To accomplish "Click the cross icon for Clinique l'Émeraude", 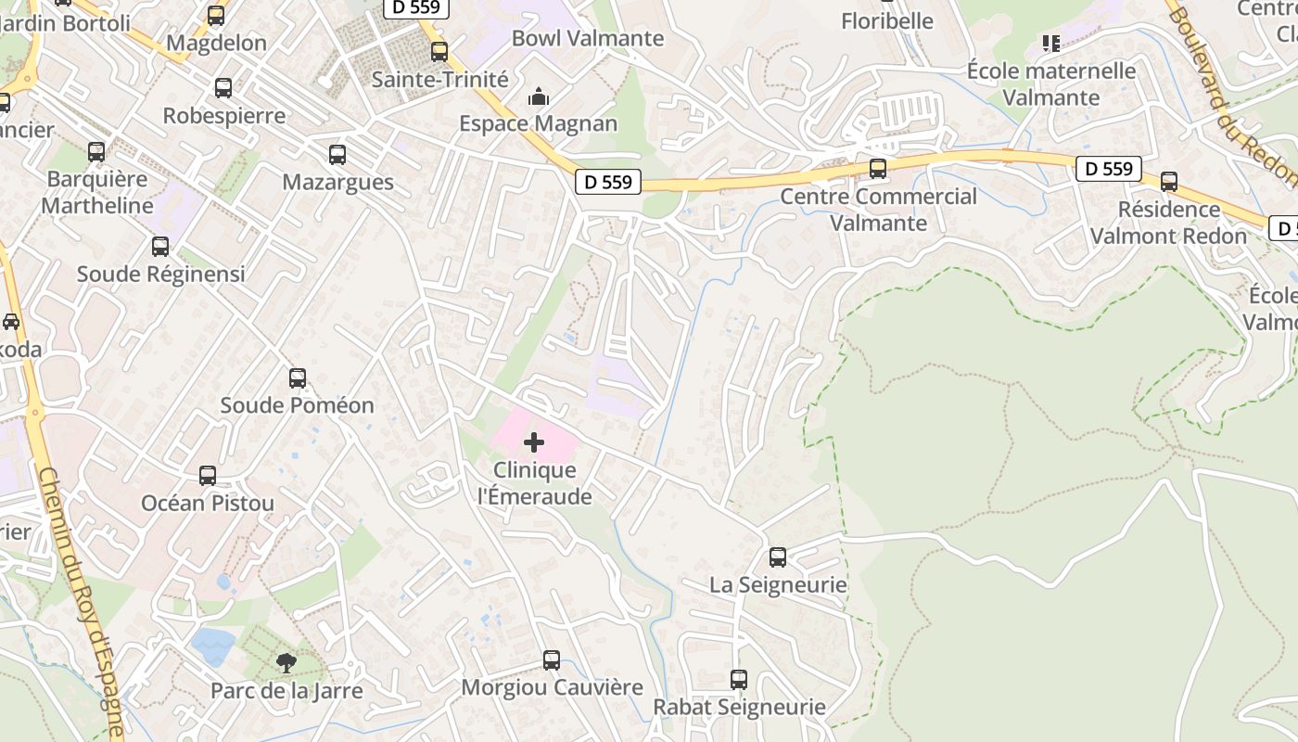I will coord(534,442).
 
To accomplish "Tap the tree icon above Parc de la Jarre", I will coord(286,662).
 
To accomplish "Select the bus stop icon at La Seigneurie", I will coord(778,557).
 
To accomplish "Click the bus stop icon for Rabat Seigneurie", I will coord(739,680).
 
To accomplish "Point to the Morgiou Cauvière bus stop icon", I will coord(552,660).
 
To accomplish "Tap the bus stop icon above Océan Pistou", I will coord(208,476).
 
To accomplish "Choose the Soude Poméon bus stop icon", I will coord(298,378).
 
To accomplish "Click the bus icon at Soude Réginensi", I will coord(160,247).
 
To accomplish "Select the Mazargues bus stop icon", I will coord(337,155).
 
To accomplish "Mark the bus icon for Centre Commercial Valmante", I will coord(877,169).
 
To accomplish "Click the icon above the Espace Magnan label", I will coord(539,96).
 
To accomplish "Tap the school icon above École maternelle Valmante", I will coord(1050,43).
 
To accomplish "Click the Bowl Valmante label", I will coord(588,38).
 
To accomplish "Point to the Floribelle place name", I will coord(887,20).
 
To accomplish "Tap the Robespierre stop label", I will coord(224,116).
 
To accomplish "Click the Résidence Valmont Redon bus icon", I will coord(1169,182).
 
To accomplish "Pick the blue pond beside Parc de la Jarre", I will coord(212,646).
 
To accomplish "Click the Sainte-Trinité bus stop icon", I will coord(439,52).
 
